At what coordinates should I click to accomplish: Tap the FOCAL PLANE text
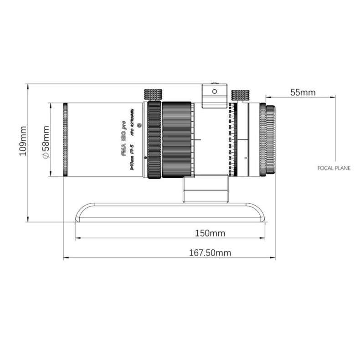tap(334, 168)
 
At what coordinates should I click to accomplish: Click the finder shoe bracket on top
tap(214, 96)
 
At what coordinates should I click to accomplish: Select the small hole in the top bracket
tap(214, 91)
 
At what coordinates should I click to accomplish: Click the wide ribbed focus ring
tap(177, 140)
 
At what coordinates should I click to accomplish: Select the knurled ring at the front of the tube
tap(65, 140)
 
